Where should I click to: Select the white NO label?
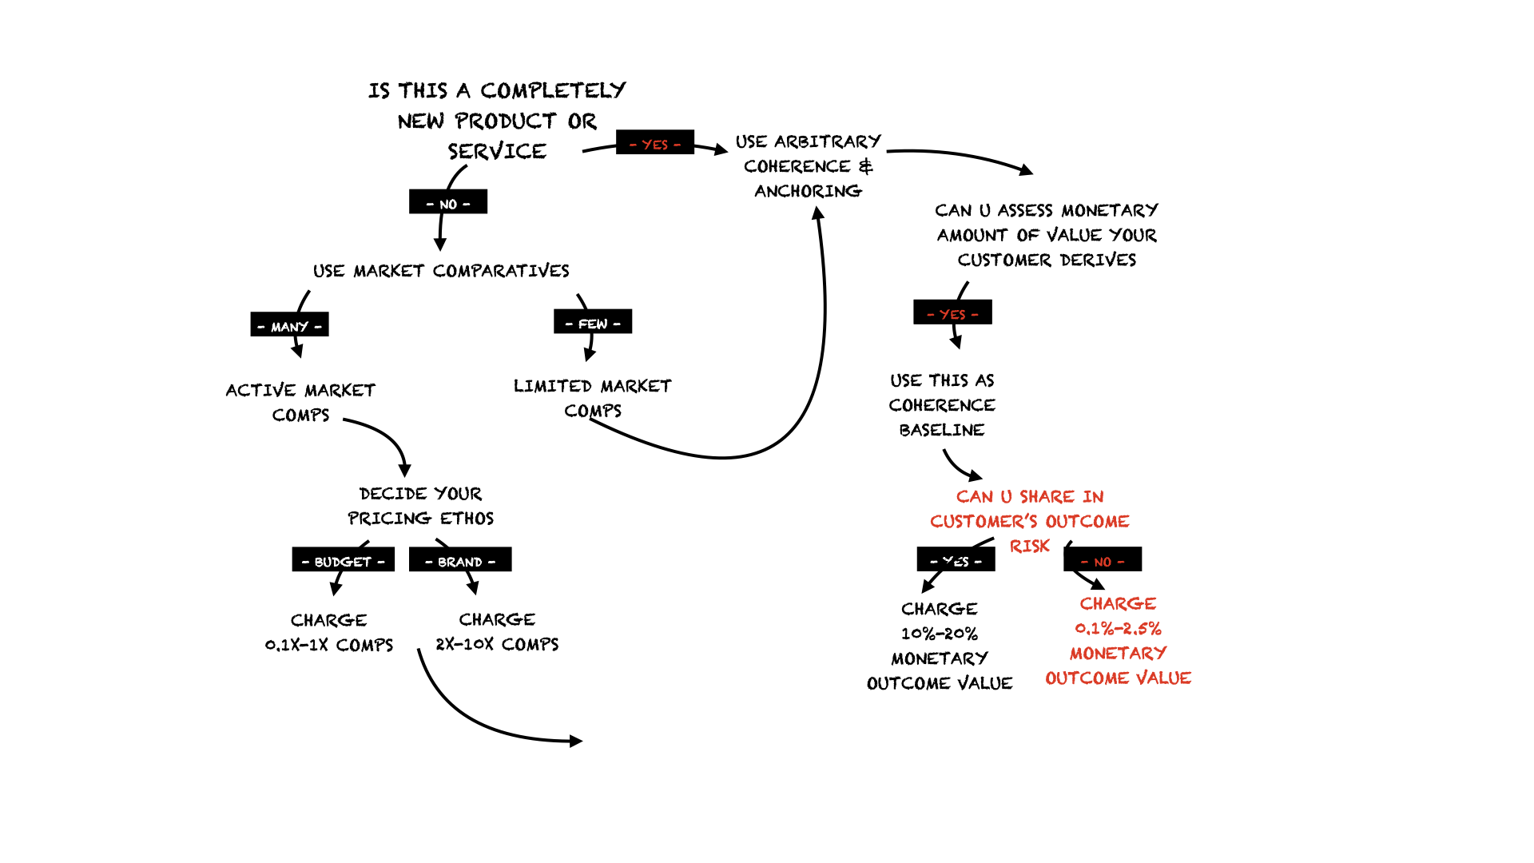click(x=448, y=205)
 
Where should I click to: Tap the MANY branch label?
click(x=289, y=327)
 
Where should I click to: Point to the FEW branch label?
click(x=593, y=324)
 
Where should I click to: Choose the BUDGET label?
click(x=343, y=562)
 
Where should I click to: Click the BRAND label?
click(x=460, y=562)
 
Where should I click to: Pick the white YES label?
click(x=956, y=562)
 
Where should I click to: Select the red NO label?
click(x=1103, y=562)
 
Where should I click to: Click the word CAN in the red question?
click(x=975, y=497)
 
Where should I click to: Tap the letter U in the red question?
click(x=1006, y=497)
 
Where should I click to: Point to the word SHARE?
click(x=1047, y=497)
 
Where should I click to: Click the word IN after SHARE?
click(x=1093, y=497)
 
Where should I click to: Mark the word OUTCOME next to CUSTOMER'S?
click(x=1087, y=522)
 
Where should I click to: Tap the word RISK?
click(x=1030, y=547)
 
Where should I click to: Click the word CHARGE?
click(x=1118, y=604)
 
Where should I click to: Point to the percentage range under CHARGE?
click(x=1118, y=629)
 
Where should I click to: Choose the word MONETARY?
click(x=1118, y=654)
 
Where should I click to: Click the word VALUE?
click(x=1163, y=678)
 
